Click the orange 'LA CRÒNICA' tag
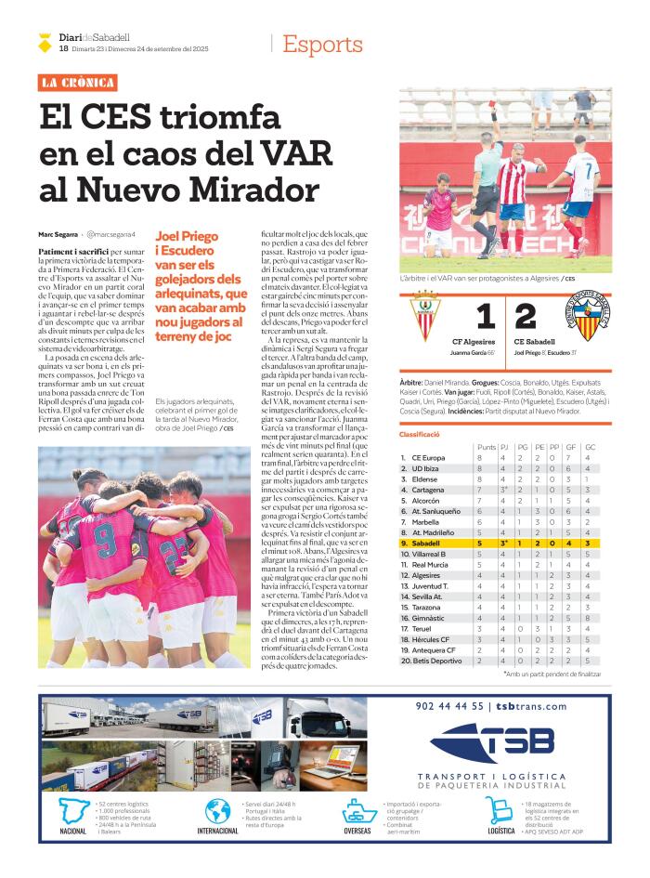(x=78, y=83)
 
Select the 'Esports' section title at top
(x=322, y=45)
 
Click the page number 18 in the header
(x=63, y=48)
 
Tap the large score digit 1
(x=484, y=316)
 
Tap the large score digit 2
(x=526, y=316)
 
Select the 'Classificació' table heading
(x=419, y=434)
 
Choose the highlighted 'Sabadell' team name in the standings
(x=427, y=543)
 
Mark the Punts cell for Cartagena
(x=479, y=490)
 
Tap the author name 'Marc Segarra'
(x=58, y=235)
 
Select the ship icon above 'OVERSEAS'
(x=359, y=812)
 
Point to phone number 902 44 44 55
(x=451, y=706)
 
